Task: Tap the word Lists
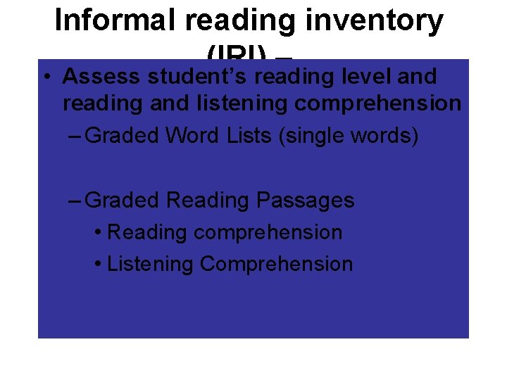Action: (249, 135)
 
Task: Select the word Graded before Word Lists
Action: (122, 135)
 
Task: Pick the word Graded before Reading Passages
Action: (122, 201)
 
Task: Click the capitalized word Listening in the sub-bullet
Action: (151, 264)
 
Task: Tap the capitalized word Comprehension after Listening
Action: (277, 264)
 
